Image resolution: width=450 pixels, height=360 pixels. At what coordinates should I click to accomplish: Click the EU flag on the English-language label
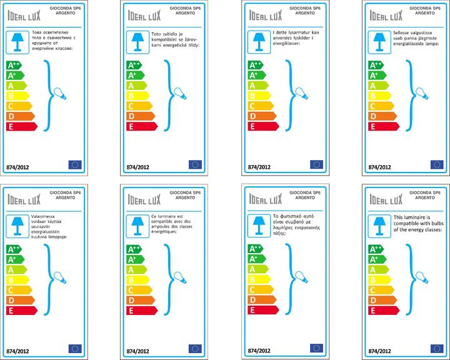437,348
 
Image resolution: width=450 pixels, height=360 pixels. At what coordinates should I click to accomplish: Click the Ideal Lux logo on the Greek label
266,197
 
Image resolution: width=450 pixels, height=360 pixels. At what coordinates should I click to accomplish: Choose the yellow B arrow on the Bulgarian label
16,96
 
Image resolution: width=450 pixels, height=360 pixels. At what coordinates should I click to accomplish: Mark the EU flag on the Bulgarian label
74,164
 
